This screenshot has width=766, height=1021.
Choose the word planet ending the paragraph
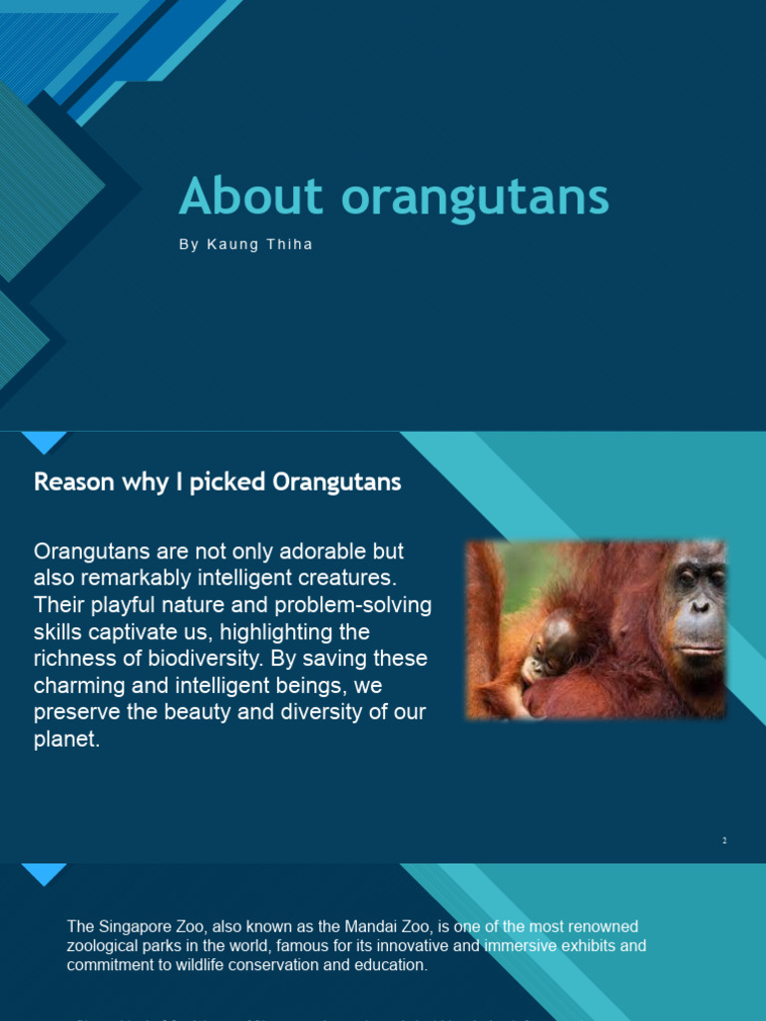pos(66,740)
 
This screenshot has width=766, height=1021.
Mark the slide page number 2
pos(725,841)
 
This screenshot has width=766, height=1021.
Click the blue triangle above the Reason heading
pos(44,442)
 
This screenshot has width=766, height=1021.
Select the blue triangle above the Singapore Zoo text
pos(44,873)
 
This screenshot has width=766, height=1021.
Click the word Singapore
pos(133,927)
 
